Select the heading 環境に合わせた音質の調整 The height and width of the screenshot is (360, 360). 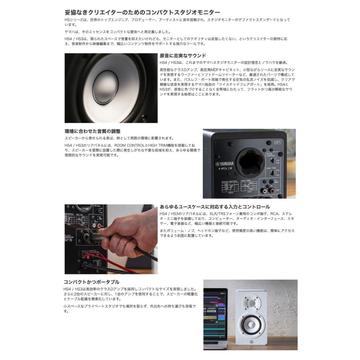[92, 131]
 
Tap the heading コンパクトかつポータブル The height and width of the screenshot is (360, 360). [92, 282]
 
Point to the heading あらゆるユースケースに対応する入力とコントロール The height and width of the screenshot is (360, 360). [215, 207]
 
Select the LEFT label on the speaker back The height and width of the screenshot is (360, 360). [278, 142]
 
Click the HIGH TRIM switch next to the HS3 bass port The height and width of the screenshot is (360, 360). [272, 172]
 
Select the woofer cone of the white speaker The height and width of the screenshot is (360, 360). [251, 324]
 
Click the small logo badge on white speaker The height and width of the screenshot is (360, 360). [251, 342]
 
